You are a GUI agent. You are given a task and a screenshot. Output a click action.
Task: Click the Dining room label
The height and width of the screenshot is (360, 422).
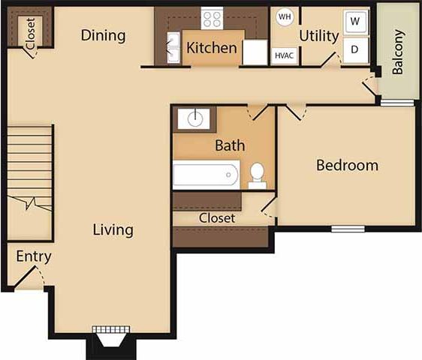[103, 35]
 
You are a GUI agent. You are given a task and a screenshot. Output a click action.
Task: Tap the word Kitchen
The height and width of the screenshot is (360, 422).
[212, 49]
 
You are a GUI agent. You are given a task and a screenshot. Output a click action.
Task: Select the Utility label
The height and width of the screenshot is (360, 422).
[319, 35]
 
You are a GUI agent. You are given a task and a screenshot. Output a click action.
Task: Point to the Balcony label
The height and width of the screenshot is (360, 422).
[399, 52]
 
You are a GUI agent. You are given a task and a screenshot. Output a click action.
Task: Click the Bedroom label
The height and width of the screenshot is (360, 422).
[347, 165]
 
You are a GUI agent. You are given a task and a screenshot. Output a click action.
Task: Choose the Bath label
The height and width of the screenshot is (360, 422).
[230, 145]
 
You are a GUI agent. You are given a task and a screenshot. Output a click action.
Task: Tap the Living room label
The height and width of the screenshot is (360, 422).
[113, 229]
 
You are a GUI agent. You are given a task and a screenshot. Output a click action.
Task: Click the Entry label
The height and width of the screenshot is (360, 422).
[34, 256]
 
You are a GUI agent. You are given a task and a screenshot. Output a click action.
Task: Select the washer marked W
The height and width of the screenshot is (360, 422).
[355, 22]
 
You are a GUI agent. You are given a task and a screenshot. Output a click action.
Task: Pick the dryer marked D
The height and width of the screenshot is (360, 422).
[355, 49]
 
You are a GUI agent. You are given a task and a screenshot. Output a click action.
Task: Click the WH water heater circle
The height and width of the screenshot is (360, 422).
[285, 16]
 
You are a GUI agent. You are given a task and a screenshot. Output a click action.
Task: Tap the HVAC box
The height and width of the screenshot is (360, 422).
[284, 55]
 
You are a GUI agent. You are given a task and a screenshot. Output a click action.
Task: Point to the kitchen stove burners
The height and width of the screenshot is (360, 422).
[213, 18]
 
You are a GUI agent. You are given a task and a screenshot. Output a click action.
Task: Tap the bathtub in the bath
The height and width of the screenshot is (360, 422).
[206, 175]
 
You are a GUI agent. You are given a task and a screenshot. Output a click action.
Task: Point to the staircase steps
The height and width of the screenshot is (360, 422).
[30, 168]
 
